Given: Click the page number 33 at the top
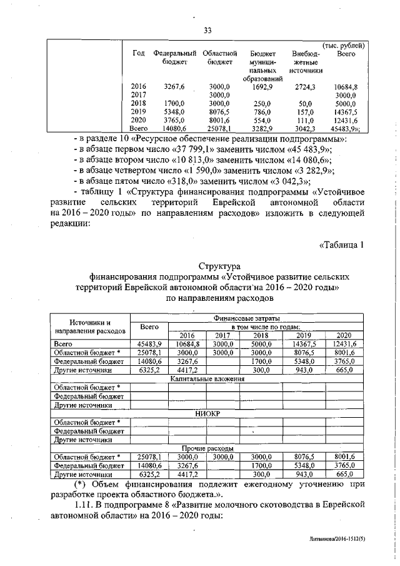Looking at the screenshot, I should click(207, 29).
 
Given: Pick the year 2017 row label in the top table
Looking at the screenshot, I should click(139, 95).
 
